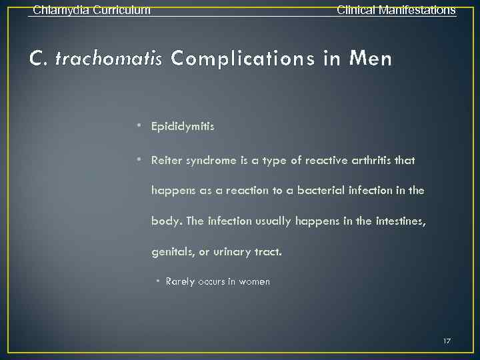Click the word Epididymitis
[x=183, y=125]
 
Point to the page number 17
[x=447, y=341]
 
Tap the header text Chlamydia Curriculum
[x=91, y=10]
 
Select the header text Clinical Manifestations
[x=396, y=10]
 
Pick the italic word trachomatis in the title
[x=109, y=59]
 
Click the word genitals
[x=171, y=251]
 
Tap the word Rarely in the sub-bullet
[x=180, y=281]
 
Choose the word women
[x=255, y=281]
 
